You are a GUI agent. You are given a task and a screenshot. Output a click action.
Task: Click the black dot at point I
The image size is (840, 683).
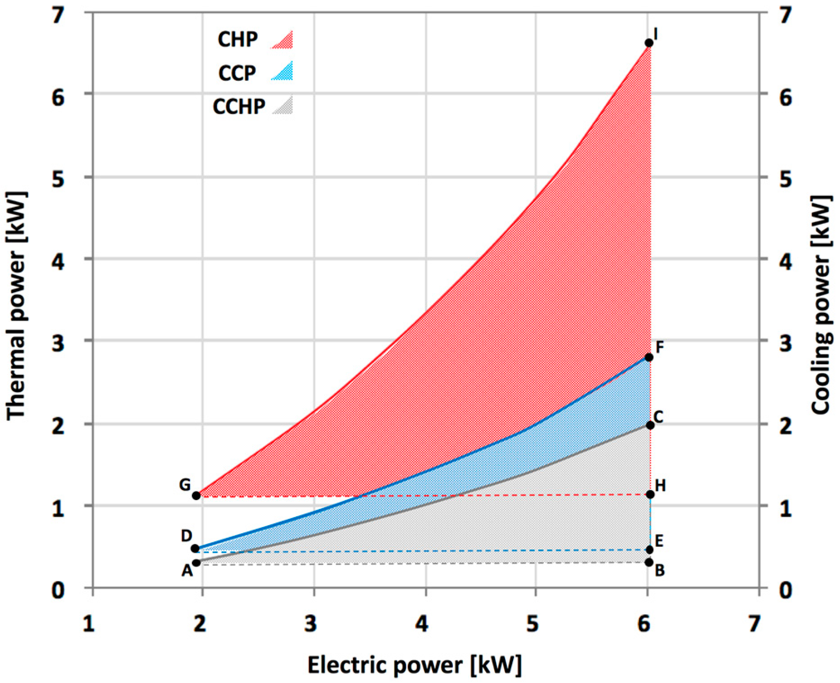[649, 43]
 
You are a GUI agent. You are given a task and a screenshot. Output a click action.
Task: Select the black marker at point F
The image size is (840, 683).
[649, 357]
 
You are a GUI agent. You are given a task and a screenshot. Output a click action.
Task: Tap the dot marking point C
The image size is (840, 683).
[650, 425]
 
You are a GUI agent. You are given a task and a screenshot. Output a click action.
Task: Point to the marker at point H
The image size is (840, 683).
[650, 495]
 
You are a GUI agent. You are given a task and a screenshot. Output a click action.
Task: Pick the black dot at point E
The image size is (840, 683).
[650, 550]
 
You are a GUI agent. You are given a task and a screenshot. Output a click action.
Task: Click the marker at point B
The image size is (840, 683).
[649, 562]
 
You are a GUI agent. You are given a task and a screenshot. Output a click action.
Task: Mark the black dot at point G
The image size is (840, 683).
[196, 496]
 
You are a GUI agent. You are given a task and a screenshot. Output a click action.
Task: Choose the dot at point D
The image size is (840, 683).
[195, 549]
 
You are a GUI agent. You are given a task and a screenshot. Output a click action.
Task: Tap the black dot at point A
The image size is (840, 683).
[196, 562]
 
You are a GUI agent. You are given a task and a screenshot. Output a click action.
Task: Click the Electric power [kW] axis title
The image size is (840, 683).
[414, 665]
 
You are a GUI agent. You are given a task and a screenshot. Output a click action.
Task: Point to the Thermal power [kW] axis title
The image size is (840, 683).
[17, 306]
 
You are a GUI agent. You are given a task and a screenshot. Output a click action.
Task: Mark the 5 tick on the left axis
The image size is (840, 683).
[58, 179]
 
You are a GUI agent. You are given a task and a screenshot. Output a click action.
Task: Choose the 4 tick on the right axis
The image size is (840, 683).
[785, 261]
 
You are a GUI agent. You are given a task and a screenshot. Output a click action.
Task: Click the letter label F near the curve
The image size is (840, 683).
[660, 347]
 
